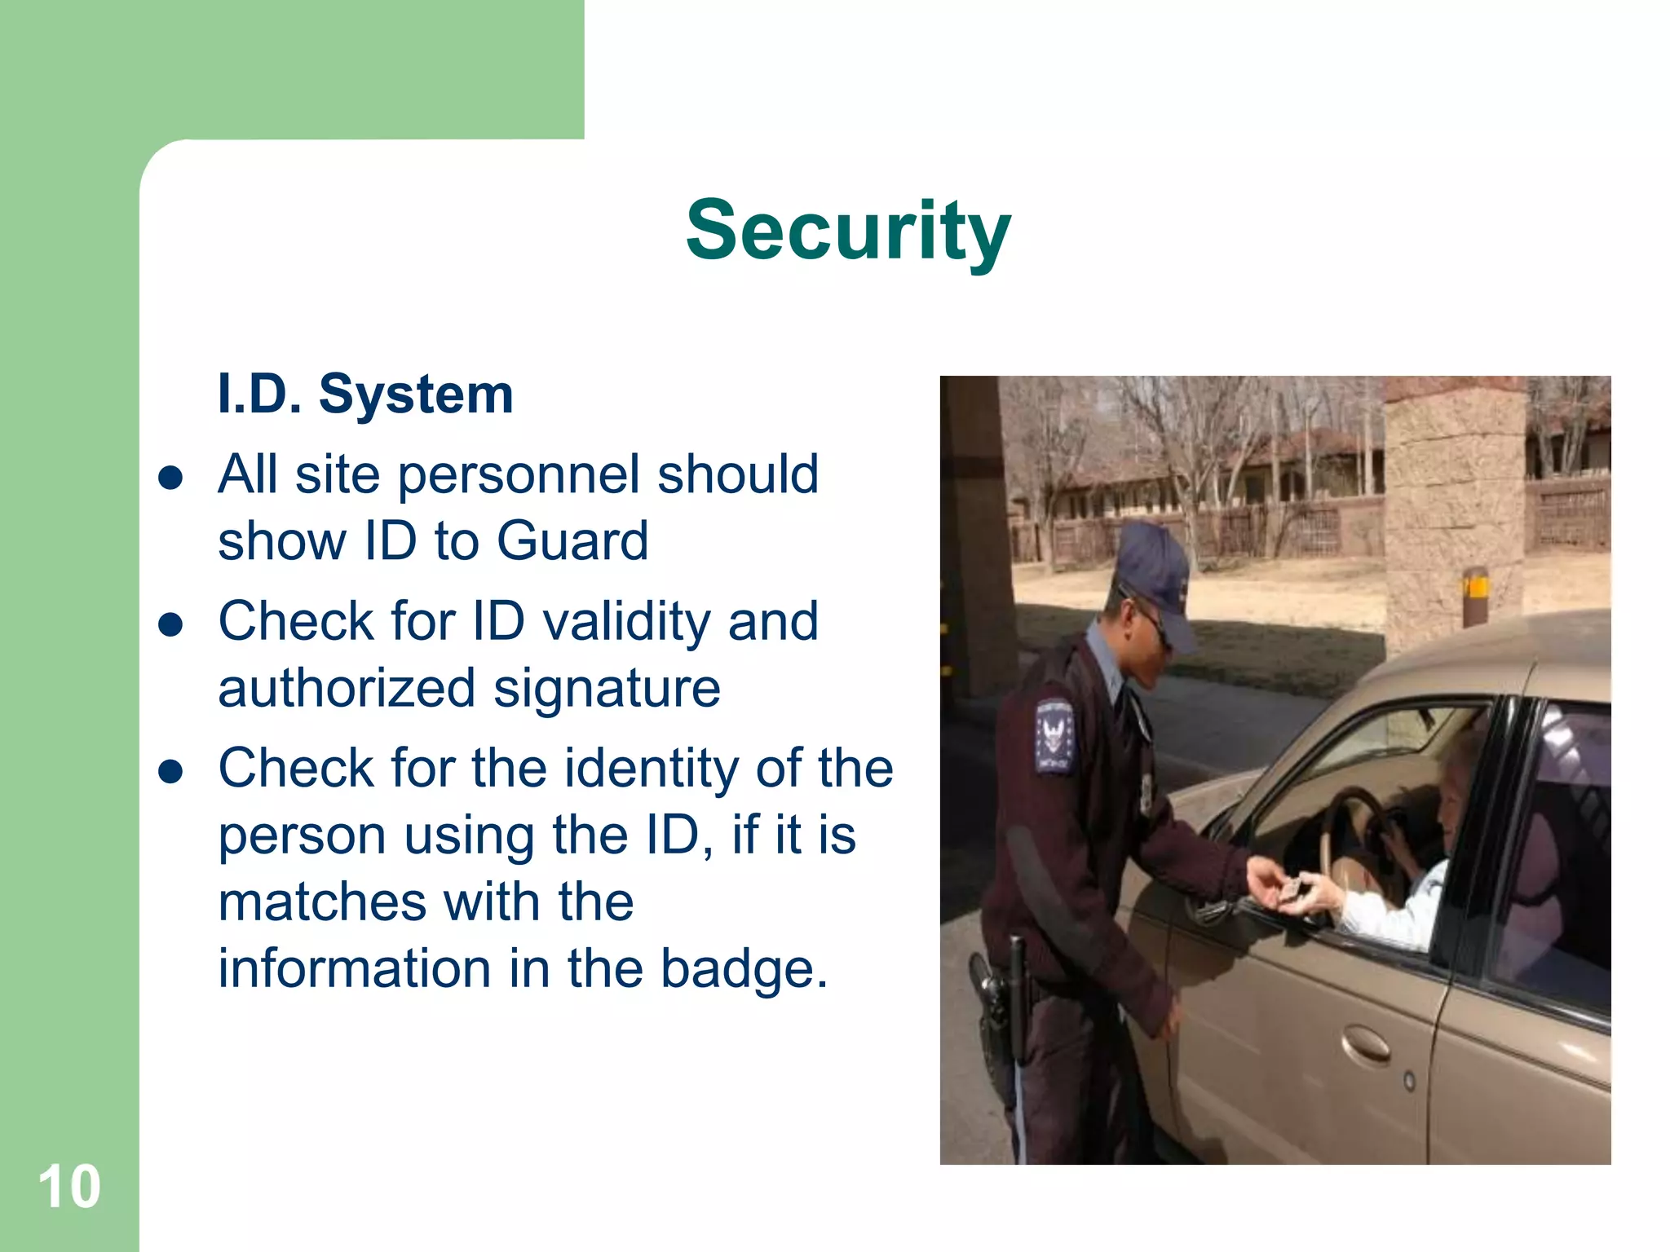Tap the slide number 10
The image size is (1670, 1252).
[x=69, y=1187]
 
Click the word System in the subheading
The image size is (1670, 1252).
[x=416, y=395]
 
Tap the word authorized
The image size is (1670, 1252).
[x=347, y=689]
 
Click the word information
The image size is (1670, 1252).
[x=355, y=969]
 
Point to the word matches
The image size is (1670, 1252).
[x=322, y=902]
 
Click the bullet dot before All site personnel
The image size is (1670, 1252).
[x=170, y=478]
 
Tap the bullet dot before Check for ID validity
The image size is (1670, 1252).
[x=170, y=625]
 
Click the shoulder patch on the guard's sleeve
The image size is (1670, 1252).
[x=1054, y=734]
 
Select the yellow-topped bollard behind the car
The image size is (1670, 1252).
[x=1475, y=595]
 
